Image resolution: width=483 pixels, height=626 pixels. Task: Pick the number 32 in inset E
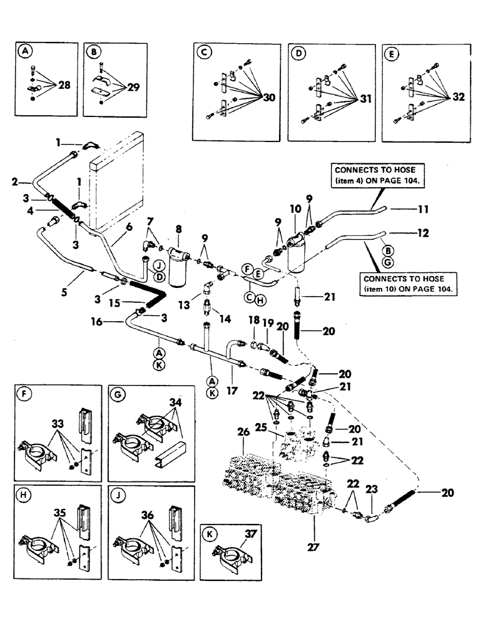tap(458, 97)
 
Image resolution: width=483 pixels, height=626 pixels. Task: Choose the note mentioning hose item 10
tap(409, 284)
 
